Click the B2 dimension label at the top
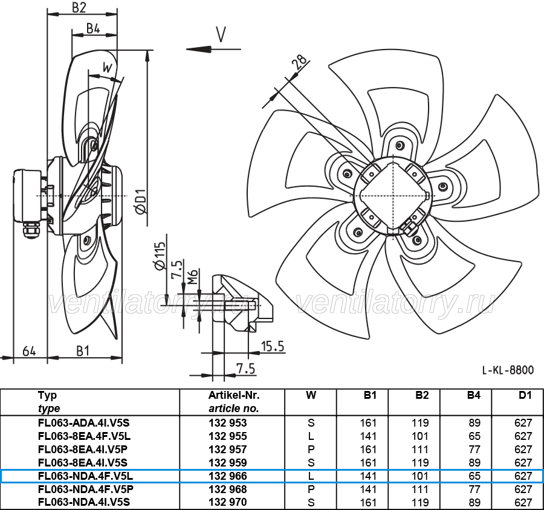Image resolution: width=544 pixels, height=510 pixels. [79, 8]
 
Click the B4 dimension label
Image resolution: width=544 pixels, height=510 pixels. [93, 28]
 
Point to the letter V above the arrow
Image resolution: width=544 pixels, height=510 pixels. [221, 34]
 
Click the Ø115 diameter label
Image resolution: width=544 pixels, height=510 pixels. [160, 256]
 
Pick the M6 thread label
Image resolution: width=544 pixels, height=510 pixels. [193, 277]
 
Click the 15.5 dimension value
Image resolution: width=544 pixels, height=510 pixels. [273, 346]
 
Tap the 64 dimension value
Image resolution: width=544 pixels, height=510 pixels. [29, 351]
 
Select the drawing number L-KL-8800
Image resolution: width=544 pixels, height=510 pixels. [508, 370]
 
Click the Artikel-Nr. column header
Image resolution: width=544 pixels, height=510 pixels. [234, 395]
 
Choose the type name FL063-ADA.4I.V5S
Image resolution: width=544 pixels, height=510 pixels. [84, 423]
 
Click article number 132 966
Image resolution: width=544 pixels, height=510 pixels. [228, 476]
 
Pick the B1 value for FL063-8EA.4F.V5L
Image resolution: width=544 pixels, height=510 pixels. [368, 436]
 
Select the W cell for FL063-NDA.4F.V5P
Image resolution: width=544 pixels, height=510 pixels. [311, 489]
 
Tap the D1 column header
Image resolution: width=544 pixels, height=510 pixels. [525, 395]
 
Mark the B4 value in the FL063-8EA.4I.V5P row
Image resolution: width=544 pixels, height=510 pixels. [474, 450]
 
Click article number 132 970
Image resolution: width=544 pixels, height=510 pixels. [228, 502]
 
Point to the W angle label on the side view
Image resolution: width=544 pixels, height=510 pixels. [108, 67]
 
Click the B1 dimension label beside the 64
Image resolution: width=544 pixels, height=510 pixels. [83, 351]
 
